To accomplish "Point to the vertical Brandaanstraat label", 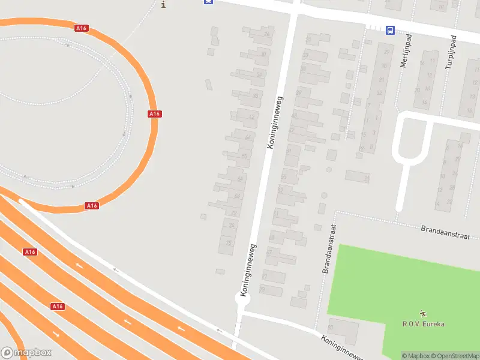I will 329,250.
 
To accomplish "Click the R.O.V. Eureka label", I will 424,324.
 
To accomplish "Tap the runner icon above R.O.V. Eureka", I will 424,313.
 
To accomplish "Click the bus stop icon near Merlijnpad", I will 390,30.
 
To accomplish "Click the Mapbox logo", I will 26,353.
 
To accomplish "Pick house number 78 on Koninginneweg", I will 229,243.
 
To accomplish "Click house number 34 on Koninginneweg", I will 259,74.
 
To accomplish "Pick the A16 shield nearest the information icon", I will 82,28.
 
